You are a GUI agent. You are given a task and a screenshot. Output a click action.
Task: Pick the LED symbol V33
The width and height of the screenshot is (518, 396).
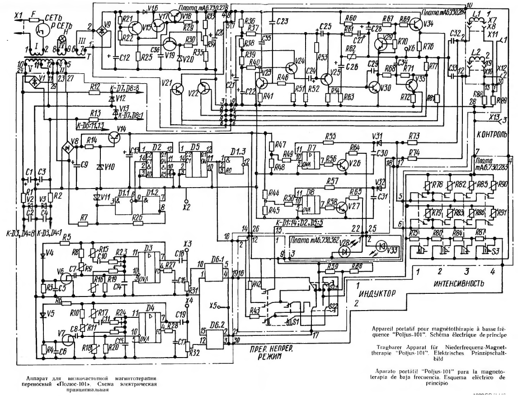382,247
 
